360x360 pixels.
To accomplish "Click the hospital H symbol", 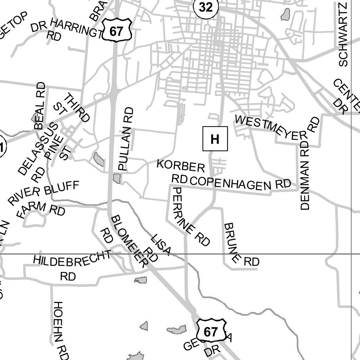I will (215, 139).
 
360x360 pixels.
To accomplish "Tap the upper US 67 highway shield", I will (117, 31).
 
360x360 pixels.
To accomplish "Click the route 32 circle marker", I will (206, 7).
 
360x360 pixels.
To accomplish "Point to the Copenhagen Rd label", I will (241, 183).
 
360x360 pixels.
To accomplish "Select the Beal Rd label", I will (40, 105).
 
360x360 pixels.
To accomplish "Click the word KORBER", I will (181, 165).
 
